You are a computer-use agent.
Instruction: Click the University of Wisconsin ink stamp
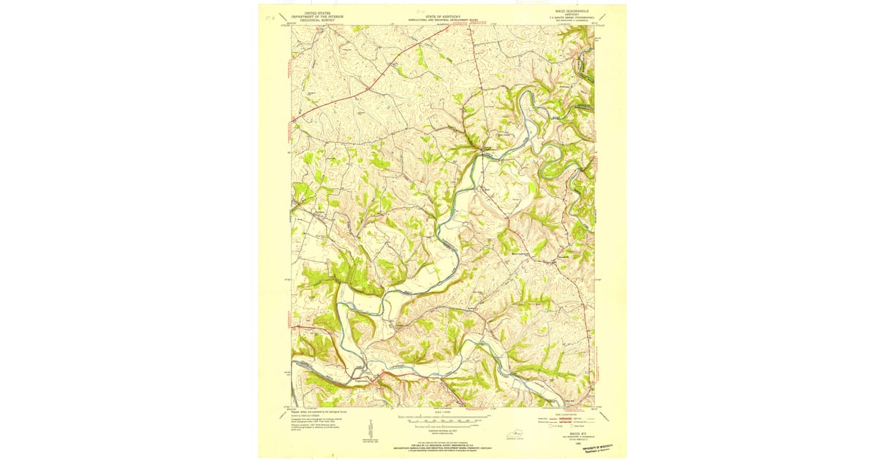[x=604, y=447]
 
